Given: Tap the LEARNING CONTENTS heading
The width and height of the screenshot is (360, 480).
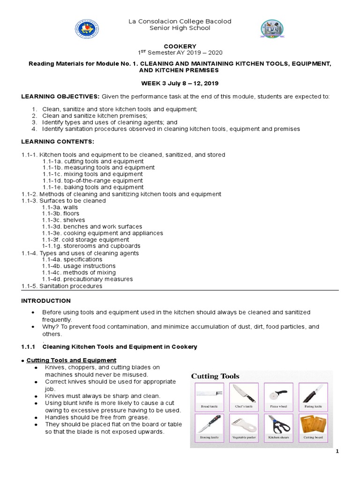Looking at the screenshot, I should (58, 141).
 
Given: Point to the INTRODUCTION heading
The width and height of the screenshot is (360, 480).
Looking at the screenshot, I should (46, 300).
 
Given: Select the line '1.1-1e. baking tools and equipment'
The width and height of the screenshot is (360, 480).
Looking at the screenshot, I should (92, 187).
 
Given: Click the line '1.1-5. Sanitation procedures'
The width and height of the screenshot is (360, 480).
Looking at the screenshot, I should (61, 285).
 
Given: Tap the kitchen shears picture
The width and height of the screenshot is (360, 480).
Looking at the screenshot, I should (277, 425).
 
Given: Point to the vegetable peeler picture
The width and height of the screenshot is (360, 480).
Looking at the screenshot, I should (243, 425).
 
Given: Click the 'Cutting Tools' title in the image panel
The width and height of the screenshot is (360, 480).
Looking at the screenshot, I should (215, 376).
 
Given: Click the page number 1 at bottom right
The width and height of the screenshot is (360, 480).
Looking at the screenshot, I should (337, 451).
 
